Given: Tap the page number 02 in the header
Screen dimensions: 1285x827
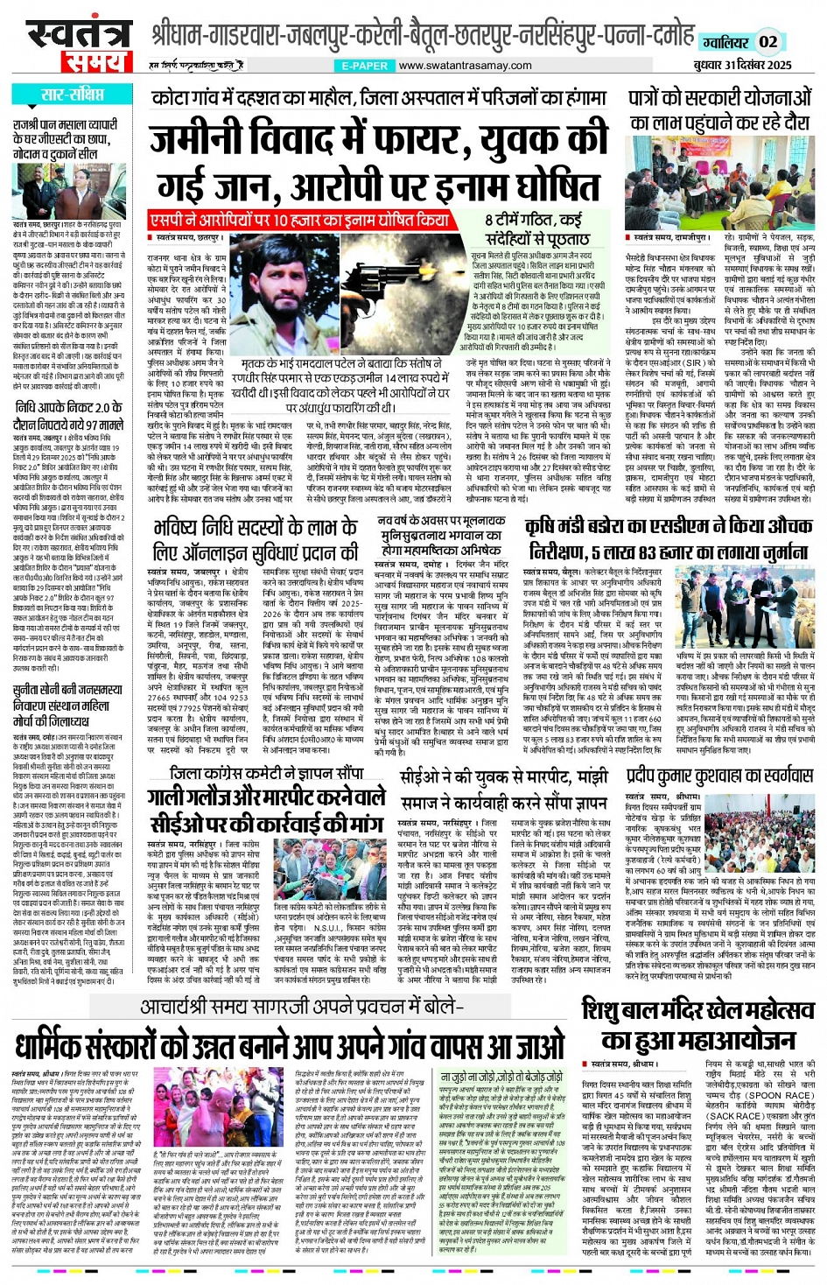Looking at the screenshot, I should click(767, 41).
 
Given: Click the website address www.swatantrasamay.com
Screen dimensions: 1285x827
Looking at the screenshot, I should click(465, 66).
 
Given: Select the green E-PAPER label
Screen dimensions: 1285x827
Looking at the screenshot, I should click(365, 66).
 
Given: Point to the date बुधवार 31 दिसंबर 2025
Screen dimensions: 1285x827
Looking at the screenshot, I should click(743, 65).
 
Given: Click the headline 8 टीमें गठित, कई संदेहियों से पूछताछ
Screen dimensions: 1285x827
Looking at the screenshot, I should click(533, 228).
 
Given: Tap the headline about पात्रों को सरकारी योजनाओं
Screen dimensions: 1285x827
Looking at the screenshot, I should click(720, 110).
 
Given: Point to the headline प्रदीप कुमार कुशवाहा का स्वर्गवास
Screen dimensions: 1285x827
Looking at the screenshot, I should click(719, 776).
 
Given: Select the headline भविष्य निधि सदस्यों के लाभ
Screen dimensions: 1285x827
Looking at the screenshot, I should click(255, 539).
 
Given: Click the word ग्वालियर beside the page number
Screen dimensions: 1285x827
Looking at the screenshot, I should click(725, 42).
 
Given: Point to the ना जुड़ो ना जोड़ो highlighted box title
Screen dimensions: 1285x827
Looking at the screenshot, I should click(501, 1077).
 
